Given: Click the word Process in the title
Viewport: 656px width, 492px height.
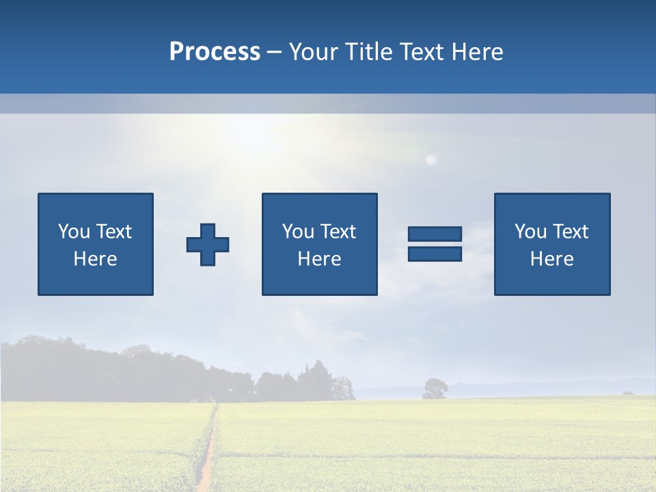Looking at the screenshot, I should [x=215, y=52].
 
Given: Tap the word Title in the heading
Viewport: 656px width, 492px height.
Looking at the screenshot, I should [x=369, y=52].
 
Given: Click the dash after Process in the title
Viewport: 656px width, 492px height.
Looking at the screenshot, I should [x=275, y=53].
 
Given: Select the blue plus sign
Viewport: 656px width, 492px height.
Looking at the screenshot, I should [x=208, y=245].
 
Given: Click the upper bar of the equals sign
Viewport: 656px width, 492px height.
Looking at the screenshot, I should [x=435, y=234].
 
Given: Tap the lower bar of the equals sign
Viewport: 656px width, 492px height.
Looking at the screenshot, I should [x=435, y=254].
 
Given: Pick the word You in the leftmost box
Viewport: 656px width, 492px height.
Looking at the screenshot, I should [x=73, y=232].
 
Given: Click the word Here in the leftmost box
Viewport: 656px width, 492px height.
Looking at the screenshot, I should [x=95, y=259].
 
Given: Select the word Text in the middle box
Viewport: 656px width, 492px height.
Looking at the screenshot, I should [x=338, y=232].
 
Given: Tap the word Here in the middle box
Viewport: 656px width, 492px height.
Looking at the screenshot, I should [x=319, y=259].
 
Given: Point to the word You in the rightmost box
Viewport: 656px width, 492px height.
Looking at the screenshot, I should [x=530, y=232].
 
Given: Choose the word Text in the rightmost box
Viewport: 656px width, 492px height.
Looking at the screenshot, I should [x=570, y=232].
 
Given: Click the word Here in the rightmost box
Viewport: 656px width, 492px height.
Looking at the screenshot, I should [x=551, y=259].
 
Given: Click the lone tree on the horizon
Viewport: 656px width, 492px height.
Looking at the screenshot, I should [x=435, y=388].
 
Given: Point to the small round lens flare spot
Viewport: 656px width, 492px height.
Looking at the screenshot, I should [x=431, y=160].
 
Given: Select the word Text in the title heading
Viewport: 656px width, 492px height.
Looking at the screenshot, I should [x=418, y=52].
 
